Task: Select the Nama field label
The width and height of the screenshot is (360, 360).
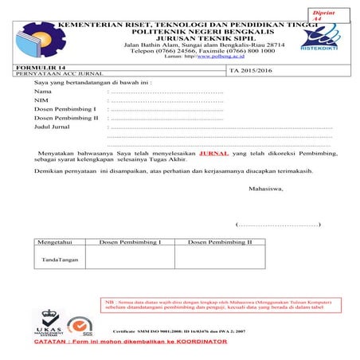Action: [42, 94]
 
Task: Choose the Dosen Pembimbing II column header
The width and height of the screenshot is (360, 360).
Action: [219, 241]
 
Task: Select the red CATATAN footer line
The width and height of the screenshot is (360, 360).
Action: [131, 342]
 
